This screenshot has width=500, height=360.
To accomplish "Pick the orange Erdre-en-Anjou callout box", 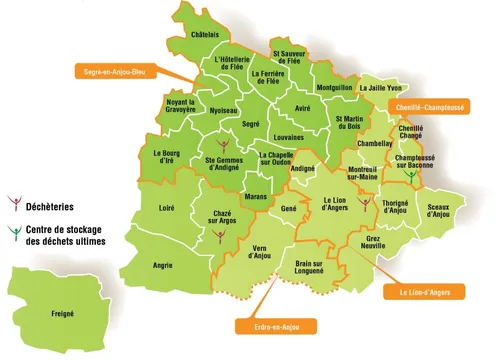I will (x=275, y=325).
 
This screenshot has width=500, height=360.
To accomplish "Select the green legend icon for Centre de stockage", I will (x=13, y=234).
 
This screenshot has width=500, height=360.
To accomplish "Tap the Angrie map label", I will (x=162, y=265).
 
